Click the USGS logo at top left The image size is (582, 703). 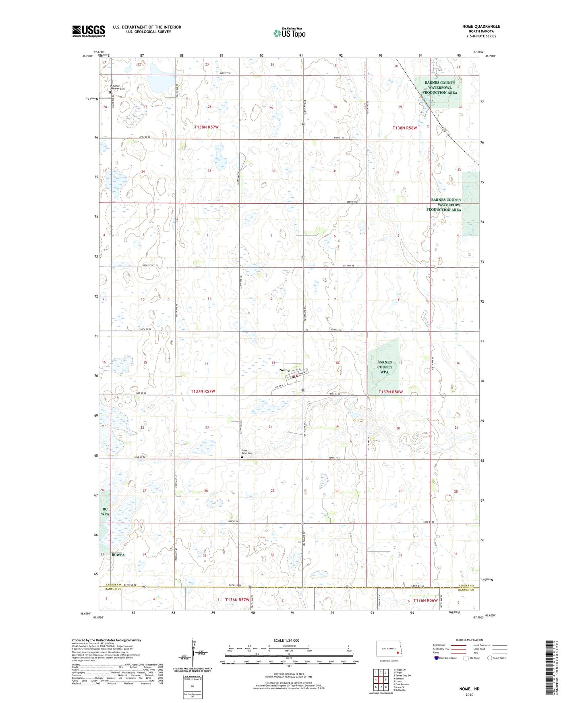click(x=88, y=31)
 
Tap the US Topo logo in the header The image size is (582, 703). click(x=289, y=33)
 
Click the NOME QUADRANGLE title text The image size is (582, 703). click(x=481, y=27)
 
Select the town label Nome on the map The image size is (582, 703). click(x=284, y=370)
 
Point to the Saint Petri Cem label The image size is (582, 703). click(x=246, y=452)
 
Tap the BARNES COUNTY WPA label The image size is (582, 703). click(x=384, y=367)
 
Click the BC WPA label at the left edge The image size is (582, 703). click(x=105, y=512)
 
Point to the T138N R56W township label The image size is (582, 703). click(x=404, y=128)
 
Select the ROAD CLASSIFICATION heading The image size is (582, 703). click(x=469, y=640)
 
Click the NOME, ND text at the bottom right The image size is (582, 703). click(x=469, y=689)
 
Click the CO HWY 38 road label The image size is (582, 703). click(x=348, y=266)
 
